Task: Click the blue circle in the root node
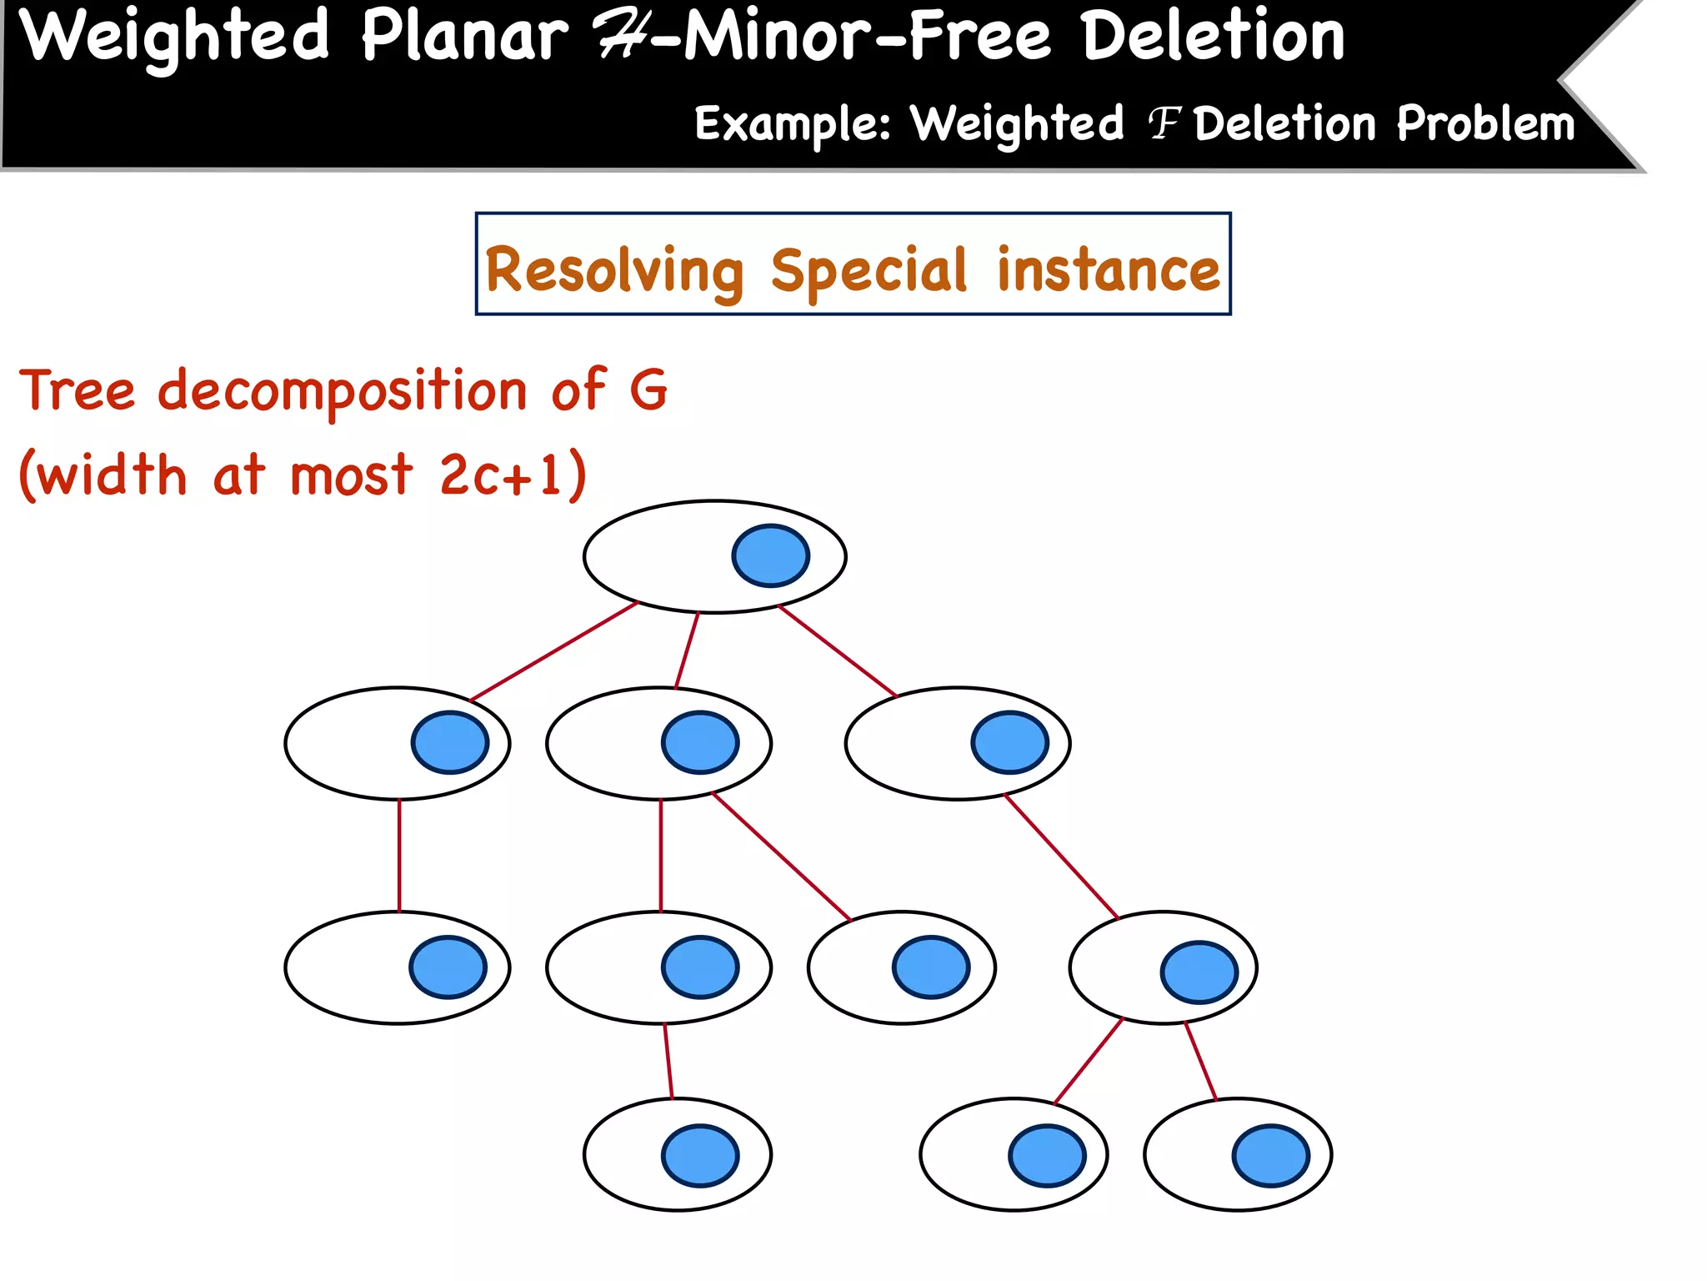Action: point(770,555)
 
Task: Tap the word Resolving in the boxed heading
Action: point(614,271)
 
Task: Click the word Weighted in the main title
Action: point(174,37)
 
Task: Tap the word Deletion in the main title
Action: point(1213,37)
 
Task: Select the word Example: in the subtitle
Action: point(793,124)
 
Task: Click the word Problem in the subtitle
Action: point(1485,124)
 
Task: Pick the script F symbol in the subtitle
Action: point(1164,124)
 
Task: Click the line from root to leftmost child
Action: point(554,651)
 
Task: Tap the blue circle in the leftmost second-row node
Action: point(450,742)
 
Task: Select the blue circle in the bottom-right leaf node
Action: point(1270,1156)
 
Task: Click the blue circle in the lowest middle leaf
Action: point(699,1156)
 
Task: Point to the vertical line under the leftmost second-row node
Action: point(399,855)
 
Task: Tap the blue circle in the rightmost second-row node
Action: point(1009,742)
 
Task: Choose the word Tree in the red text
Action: point(78,389)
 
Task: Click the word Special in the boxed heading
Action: point(869,271)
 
